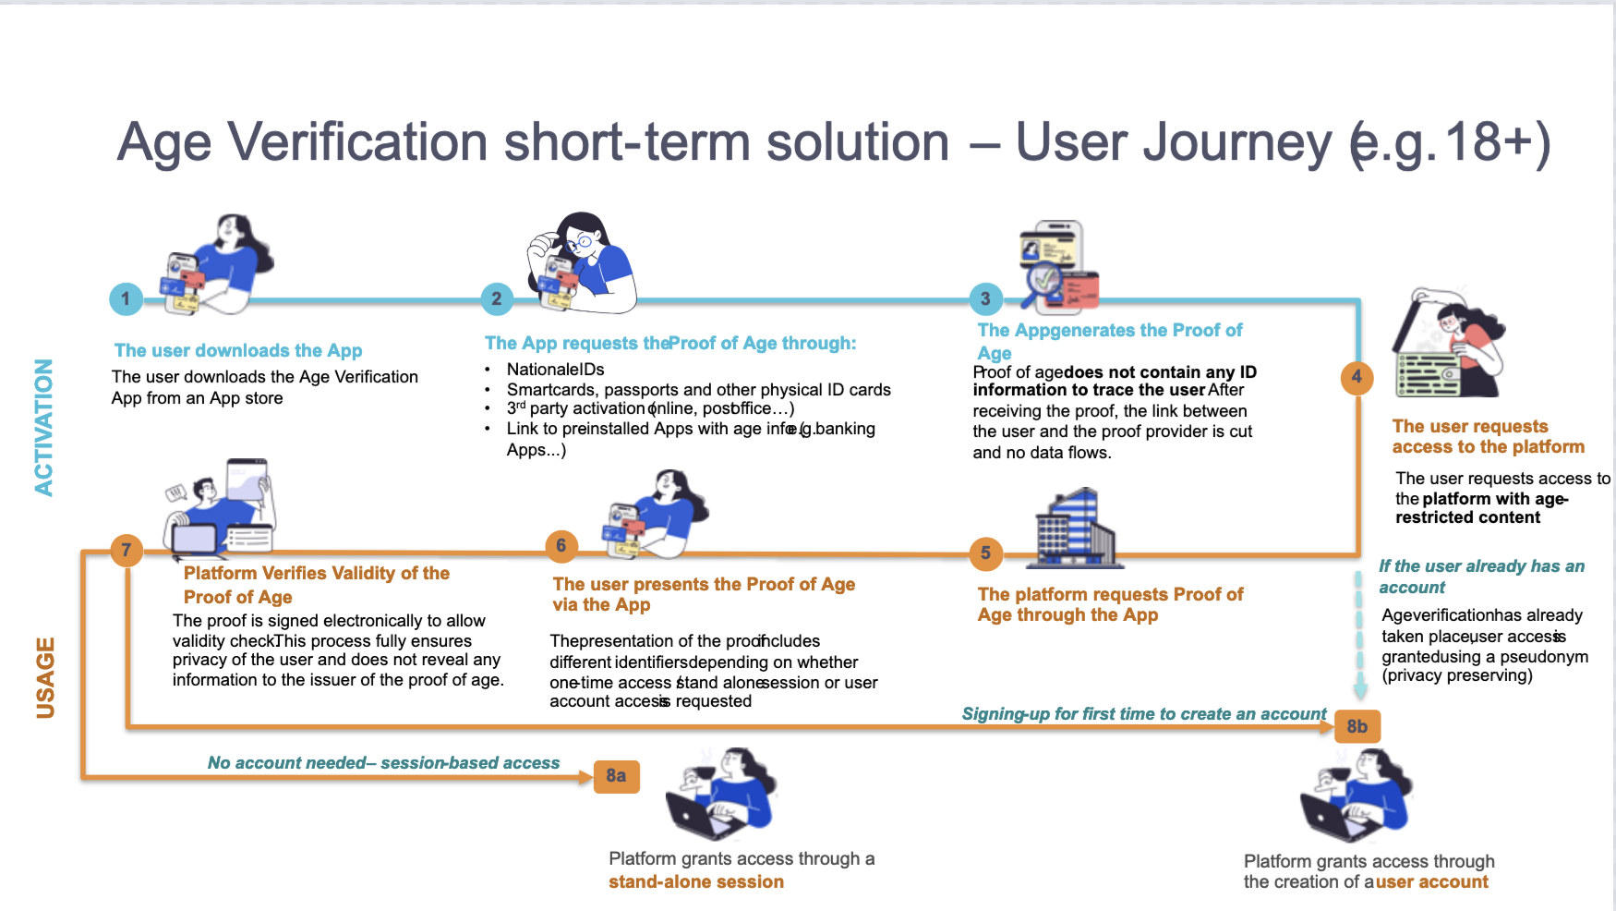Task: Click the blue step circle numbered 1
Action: point(126,298)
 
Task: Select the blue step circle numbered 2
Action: point(497,298)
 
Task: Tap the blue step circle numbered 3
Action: point(985,298)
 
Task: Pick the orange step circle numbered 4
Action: point(1357,376)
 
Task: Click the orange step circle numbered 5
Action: point(985,553)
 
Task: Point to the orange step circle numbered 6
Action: point(561,545)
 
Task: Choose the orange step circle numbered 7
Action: point(127,551)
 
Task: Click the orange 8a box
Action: point(616,776)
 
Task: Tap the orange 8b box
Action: point(1357,726)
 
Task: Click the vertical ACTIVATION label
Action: point(43,427)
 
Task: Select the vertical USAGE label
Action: point(45,677)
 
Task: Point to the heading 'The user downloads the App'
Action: point(238,350)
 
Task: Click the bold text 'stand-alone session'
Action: point(696,881)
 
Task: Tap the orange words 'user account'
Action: point(1432,881)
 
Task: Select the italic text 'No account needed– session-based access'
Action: point(383,762)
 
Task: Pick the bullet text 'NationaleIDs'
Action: point(555,370)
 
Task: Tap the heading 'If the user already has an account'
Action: point(1481,577)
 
